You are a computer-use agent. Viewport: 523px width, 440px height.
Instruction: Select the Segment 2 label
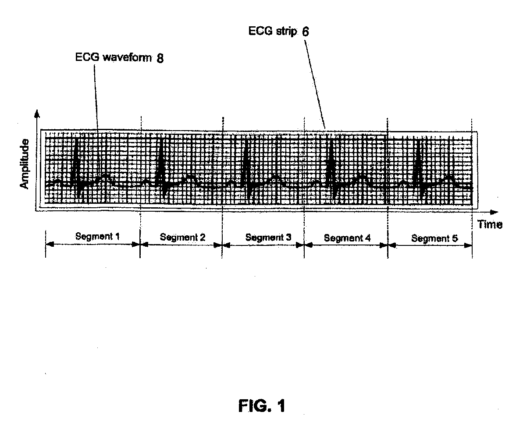tap(182, 238)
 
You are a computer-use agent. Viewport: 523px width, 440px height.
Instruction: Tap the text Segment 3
tap(268, 238)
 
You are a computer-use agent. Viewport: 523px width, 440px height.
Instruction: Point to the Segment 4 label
tap(347, 238)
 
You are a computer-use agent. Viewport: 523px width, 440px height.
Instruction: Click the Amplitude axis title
tap(25, 164)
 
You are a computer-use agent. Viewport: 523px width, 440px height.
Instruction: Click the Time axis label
tap(490, 225)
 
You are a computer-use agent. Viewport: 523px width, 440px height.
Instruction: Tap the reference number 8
tap(160, 58)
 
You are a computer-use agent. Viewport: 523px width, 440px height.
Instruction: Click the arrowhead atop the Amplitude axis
tap(37, 114)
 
